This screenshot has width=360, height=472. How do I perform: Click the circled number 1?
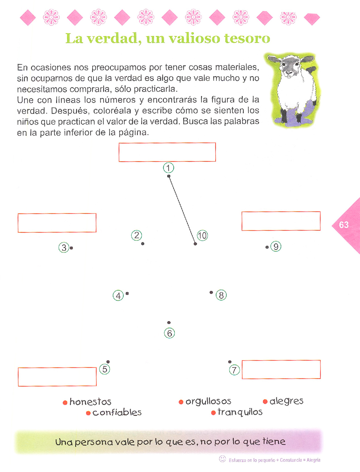click(x=168, y=168)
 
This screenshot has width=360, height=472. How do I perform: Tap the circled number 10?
click(x=202, y=236)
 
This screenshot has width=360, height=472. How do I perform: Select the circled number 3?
click(x=64, y=247)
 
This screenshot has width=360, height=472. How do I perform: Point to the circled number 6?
click(x=169, y=333)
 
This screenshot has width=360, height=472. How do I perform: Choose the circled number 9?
click(x=276, y=246)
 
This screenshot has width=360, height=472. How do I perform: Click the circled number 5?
click(x=105, y=369)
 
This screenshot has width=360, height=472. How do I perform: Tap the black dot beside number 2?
click(x=143, y=244)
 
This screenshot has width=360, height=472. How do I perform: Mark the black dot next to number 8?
click(x=211, y=292)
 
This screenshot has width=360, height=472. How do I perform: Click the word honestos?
click(x=90, y=402)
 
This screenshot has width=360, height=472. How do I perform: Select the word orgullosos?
click(x=208, y=401)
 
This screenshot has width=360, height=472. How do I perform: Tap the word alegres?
click(x=287, y=401)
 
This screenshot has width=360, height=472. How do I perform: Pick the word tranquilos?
click(x=240, y=412)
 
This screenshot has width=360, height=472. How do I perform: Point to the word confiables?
click(x=117, y=412)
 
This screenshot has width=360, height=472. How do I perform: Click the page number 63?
click(x=344, y=225)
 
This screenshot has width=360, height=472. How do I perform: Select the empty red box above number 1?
click(x=167, y=152)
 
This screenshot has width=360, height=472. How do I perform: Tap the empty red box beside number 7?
click(x=281, y=369)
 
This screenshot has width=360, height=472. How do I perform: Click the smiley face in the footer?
click(x=222, y=459)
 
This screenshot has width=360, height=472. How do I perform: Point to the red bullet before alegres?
click(x=265, y=402)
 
